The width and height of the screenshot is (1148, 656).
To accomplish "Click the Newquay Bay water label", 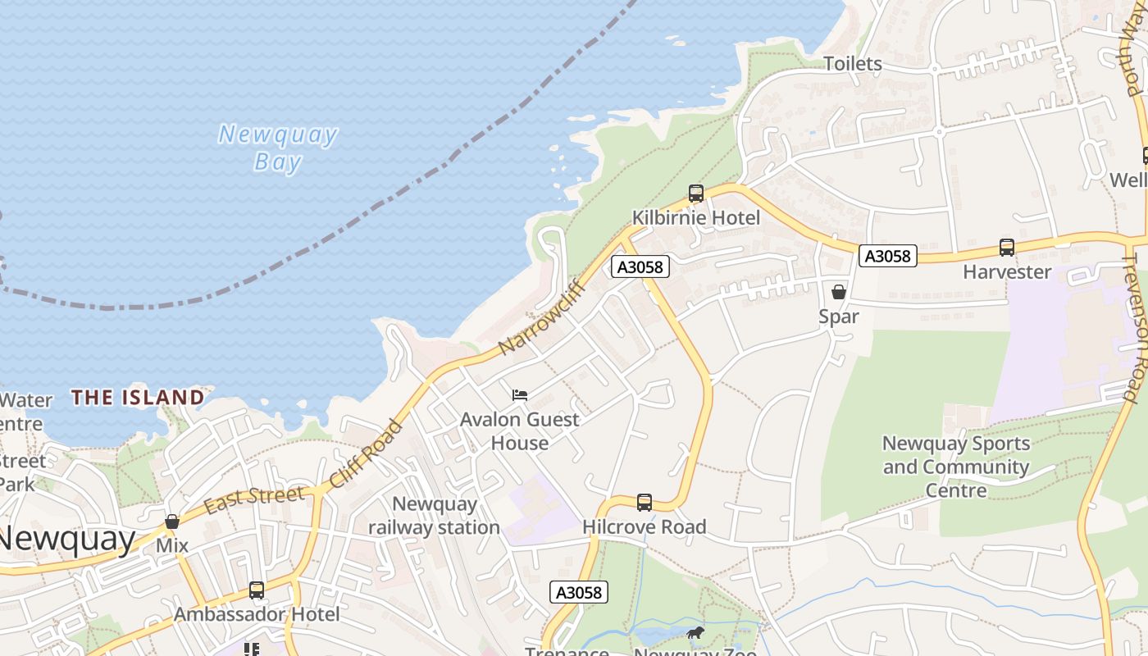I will tap(277, 148).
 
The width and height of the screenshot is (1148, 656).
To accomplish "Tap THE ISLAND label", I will tap(137, 398).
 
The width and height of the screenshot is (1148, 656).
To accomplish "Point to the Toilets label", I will tap(852, 63).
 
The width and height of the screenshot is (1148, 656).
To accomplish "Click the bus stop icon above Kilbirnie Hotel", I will tap(695, 194).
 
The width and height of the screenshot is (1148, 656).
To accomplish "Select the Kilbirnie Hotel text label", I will tap(695, 218).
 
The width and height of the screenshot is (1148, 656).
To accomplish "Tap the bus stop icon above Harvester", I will tap(1006, 247).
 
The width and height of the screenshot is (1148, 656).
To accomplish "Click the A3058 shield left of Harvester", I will tap(886, 256).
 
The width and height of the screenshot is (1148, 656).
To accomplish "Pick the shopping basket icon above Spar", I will tap(838, 292).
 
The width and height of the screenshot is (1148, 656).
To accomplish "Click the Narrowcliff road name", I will tap(541, 317).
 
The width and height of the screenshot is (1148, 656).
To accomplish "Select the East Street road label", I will tap(254, 499).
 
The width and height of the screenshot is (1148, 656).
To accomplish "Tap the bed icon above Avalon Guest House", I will tap(519, 395).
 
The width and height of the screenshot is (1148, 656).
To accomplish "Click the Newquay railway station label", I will tap(434, 516).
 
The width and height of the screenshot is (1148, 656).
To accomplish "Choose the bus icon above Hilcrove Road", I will tap(645, 502).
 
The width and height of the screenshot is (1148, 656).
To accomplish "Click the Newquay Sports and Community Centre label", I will tap(956, 467).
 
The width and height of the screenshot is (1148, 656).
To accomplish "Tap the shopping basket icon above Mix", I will tap(172, 522).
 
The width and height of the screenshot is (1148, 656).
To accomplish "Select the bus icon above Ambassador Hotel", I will tap(257, 590).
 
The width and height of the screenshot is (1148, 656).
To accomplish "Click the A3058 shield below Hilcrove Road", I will tap(579, 592).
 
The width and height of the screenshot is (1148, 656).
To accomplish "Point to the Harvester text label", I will tap(1006, 271).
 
